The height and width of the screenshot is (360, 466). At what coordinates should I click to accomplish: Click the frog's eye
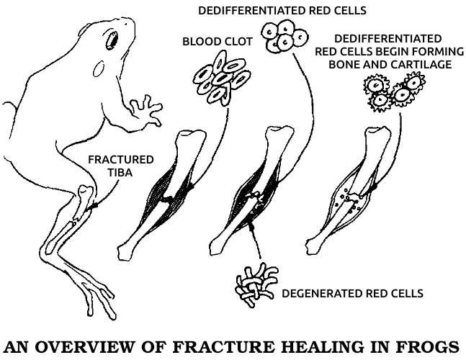(x=112, y=40)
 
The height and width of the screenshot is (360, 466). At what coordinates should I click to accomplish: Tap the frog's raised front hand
(x=146, y=110)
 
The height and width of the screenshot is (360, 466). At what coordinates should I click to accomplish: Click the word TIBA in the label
(x=120, y=173)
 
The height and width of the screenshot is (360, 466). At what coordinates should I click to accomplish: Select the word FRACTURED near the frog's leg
(x=121, y=160)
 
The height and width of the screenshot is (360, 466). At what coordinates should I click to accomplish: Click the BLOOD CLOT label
(x=218, y=42)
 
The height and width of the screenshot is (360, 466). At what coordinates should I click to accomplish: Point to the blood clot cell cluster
(x=222, y=78)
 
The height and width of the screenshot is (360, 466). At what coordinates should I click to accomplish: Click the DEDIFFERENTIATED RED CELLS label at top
(x=282, y=11)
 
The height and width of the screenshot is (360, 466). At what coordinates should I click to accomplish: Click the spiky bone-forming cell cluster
(x=394, y=91)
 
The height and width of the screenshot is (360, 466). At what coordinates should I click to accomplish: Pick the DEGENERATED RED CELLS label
(x=352, y=294)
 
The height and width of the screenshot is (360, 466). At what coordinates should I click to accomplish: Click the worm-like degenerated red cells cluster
(x=257, y=284)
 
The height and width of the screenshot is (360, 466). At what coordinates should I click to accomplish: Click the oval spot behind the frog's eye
(x=99, y=69)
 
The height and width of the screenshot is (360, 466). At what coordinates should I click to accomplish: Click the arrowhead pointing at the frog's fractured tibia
(x=94, y=206)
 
